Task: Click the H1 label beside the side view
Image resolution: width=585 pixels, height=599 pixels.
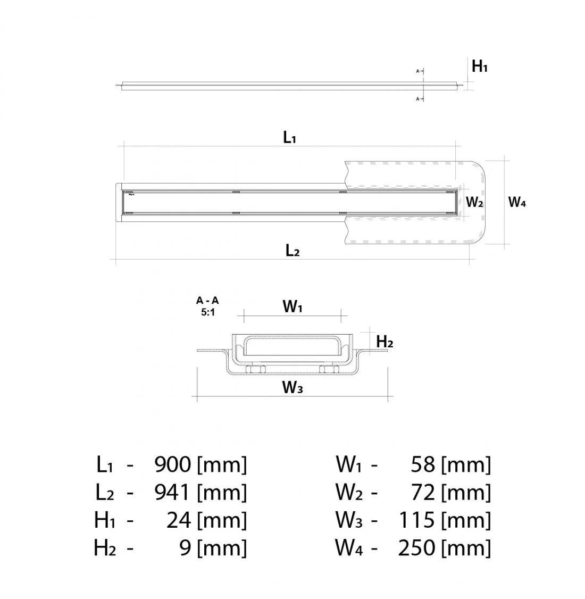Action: click(479, 66)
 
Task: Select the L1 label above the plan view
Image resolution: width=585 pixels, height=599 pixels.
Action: click(289, 138)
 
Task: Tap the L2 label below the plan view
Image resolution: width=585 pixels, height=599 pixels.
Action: click(292, 251)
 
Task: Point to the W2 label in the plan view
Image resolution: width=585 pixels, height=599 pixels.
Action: click(474, 202)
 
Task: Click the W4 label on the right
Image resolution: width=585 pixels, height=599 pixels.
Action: click(517, 202)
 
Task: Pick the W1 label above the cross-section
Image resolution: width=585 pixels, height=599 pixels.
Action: click(292, 307)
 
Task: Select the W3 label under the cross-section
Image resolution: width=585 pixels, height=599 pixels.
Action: click(292, 388)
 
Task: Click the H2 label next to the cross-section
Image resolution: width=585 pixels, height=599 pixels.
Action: click(385, 342)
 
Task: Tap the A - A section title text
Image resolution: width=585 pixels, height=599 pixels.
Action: click(207, 301)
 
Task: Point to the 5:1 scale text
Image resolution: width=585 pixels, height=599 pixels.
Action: click(207, 312)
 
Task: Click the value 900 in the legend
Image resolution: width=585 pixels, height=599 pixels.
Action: click(172, 465)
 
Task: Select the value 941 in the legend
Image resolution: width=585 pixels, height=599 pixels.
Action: click(172, 493)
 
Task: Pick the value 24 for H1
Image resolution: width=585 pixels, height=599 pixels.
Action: click(179, 520)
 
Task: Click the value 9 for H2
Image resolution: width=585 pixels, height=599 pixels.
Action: click(185, 548)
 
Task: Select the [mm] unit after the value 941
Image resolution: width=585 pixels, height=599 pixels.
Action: click(222, 493)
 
